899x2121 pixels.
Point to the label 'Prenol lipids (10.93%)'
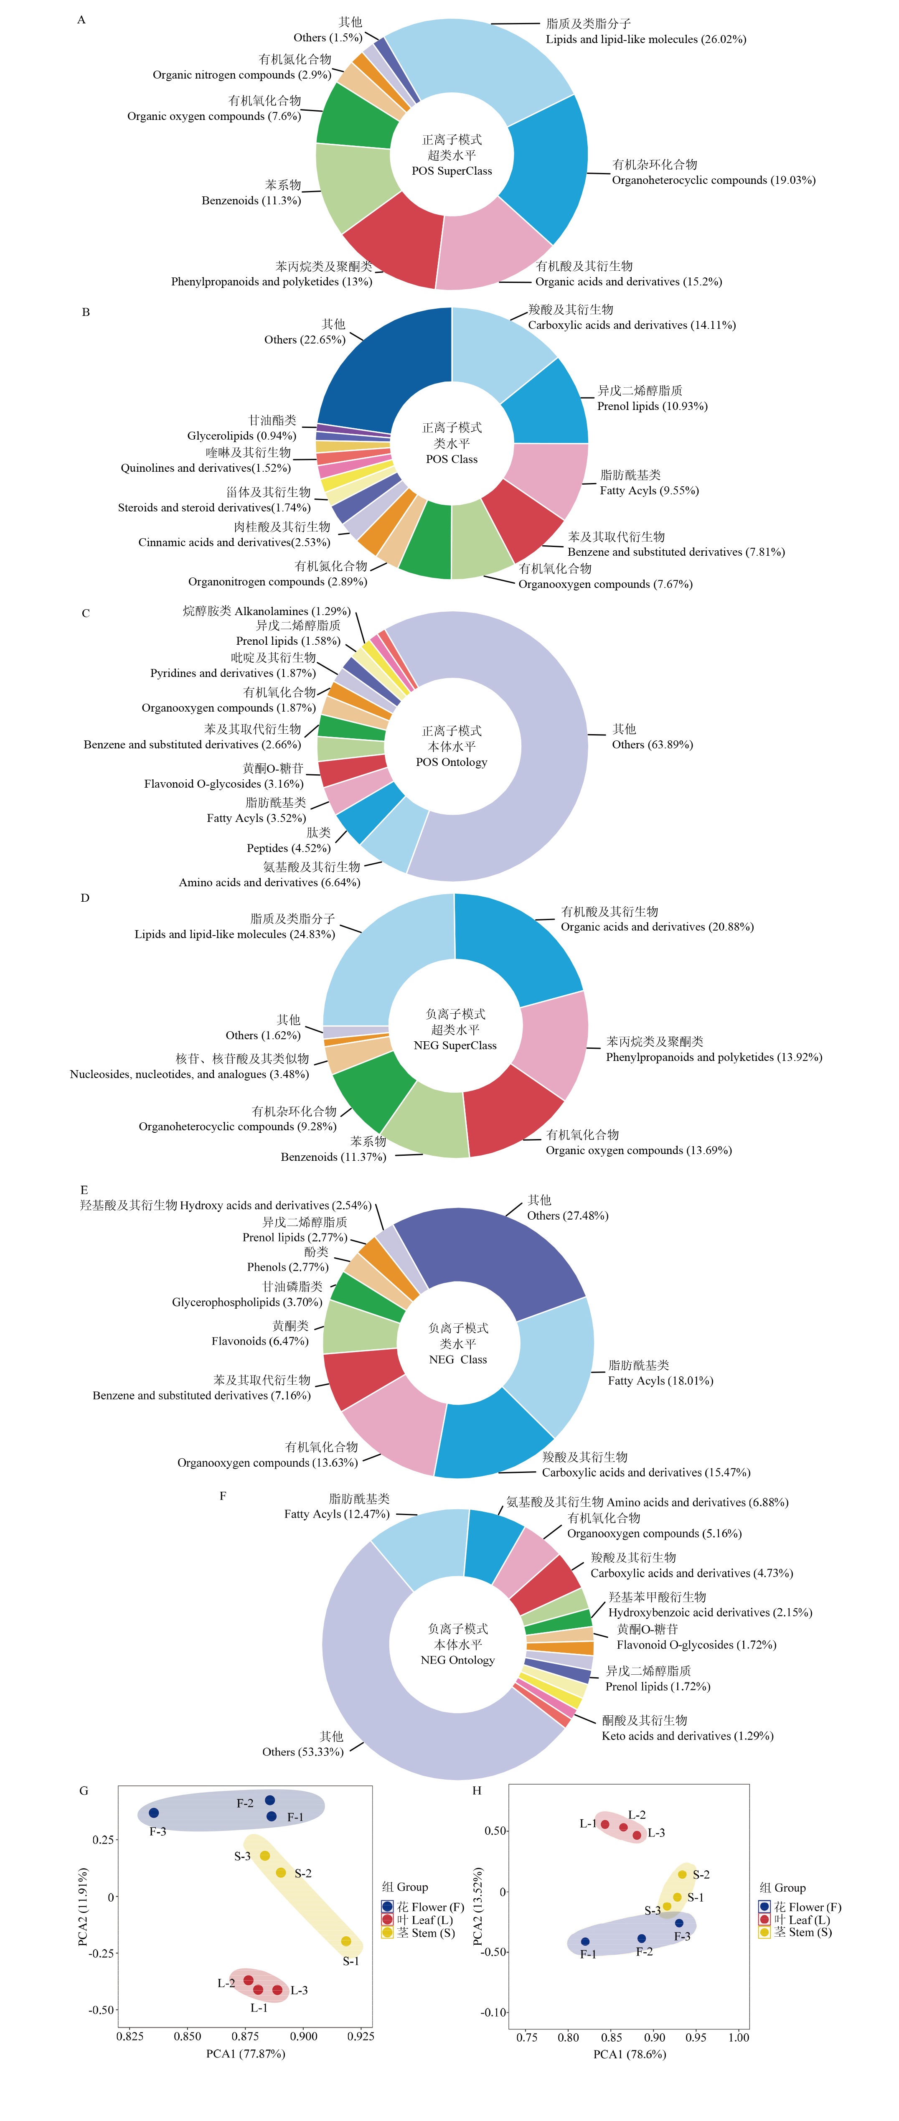(652, 406)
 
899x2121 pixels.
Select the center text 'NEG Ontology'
(458, 1660)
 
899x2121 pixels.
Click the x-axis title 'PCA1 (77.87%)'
(245, 2053)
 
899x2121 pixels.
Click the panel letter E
(84, 1190)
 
